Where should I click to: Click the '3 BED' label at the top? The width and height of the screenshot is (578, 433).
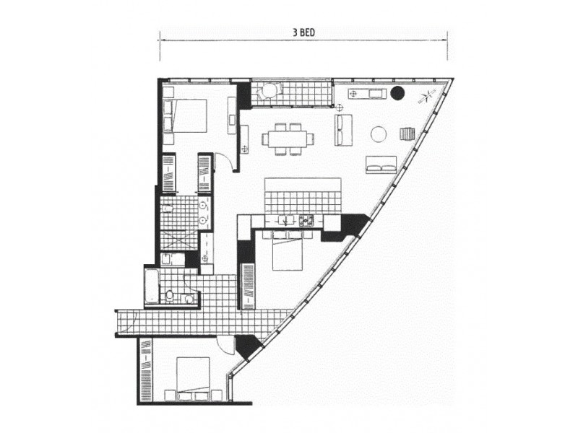coord(303,32)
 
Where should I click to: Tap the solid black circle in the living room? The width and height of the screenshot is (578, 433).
coord(397,92)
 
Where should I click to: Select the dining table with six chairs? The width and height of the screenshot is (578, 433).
coord(289,139)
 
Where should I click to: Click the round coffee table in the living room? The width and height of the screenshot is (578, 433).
coord(379,134)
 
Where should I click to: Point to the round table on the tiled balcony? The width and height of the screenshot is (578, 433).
coord(269,91)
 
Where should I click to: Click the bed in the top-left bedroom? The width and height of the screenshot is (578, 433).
coord(186,115)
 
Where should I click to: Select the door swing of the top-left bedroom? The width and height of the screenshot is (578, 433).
coord(225,162)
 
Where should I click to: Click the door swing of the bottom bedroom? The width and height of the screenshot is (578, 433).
coord(226,346)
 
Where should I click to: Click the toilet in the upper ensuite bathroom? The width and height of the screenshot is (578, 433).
coord(168,209)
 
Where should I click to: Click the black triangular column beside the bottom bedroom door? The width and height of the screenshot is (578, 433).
coord(247,347)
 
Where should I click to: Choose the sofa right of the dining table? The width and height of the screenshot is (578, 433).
coord(343,130)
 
